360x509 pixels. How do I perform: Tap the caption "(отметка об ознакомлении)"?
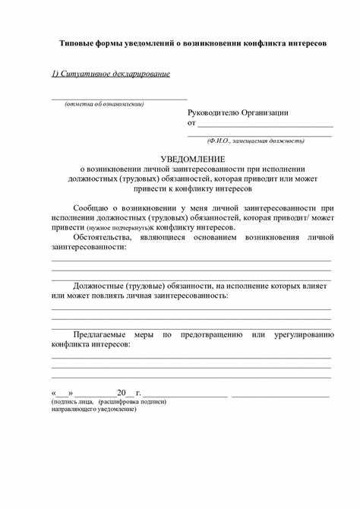click(104, 103)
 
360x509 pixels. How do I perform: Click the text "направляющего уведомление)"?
click(93, 409)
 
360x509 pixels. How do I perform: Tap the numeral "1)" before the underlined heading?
click(56, 74)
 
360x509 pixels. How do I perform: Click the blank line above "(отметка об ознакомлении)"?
click(118, 98)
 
